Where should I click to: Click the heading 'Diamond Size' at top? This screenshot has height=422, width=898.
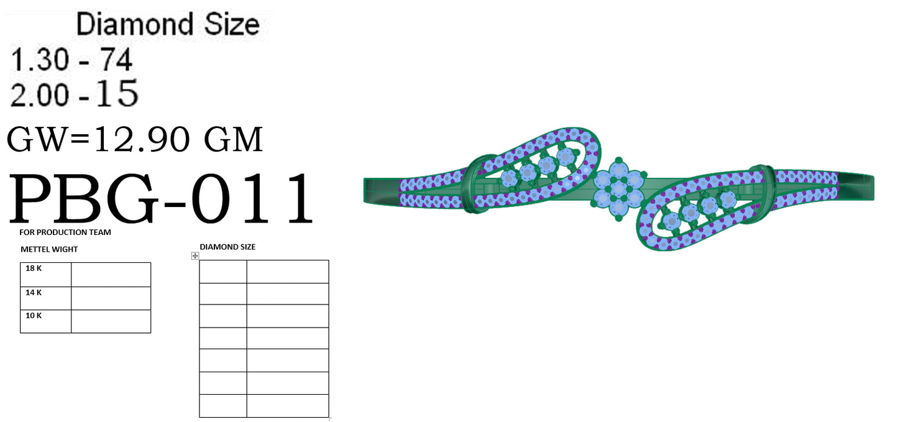pos(167,25)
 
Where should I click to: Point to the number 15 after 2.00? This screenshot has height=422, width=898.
pos(117,94)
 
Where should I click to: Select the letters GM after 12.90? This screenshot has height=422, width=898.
pos(234,140)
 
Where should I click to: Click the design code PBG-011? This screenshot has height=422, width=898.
pos(160,200)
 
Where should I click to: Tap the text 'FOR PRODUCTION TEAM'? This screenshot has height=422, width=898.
pos(65,232)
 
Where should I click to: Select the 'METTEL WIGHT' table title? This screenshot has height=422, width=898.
pos(49,249)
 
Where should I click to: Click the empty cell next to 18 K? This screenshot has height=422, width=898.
pos(111,274)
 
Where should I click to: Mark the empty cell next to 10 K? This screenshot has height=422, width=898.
pos(111,321)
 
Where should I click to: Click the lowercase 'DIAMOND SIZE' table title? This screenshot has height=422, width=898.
pos(227,247)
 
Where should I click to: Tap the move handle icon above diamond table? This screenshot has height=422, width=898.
pos(195,255)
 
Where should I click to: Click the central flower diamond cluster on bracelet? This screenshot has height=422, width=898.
pos(618,188)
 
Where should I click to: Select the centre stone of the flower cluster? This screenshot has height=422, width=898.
pos(618,188)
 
